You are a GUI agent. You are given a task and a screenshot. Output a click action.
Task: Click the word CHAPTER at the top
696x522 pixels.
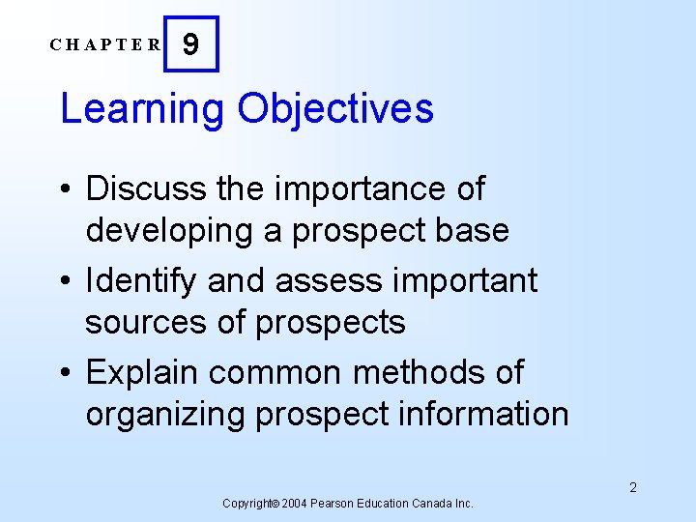point(106,44)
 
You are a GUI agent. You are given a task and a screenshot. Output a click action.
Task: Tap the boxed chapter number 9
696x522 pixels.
point(191,44)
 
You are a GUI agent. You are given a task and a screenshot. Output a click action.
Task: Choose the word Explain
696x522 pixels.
point(142,372)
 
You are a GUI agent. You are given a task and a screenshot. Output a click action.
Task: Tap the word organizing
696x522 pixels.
point(164,414)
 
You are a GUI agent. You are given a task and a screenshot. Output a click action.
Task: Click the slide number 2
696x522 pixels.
point(633,487)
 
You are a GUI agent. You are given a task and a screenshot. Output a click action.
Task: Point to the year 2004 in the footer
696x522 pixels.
point(297,504)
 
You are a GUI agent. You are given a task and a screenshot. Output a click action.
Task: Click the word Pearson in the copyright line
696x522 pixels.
point(337,504)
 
